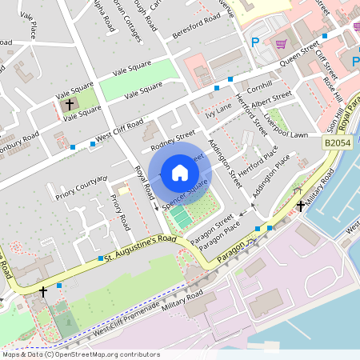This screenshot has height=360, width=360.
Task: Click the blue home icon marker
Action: (180, 172)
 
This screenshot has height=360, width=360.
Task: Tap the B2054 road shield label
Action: (338, 142)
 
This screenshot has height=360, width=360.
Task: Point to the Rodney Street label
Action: (174, 141)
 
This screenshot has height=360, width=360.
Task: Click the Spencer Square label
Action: (186, 196)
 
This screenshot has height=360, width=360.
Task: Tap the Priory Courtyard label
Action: (81, 186)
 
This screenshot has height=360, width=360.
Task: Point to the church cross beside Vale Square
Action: (69, 104)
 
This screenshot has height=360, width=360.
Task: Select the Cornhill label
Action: (260, 85)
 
